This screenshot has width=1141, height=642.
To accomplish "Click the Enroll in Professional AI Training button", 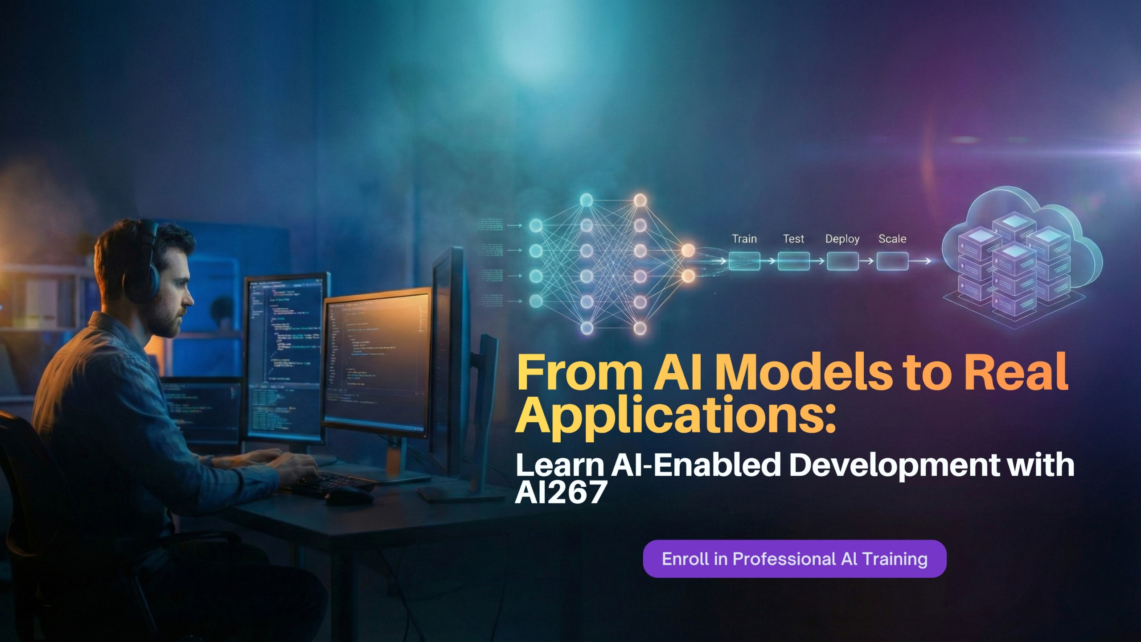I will pos(794,559).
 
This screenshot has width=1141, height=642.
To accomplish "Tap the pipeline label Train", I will pos(744,239).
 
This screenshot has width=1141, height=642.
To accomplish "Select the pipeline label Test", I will pos(793,239).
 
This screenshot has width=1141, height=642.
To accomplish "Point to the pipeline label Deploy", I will pos(842,239).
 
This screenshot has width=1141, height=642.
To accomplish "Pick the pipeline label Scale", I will pos(892,239).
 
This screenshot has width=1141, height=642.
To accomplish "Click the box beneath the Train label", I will pos(744,261).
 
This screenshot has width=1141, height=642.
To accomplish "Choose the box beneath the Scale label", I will pos(892,261).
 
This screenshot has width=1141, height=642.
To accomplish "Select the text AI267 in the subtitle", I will pos(562,493).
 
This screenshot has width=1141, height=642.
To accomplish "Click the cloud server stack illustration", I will pos(1021,263).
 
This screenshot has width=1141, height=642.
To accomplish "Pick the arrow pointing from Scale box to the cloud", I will pos(920,261).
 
